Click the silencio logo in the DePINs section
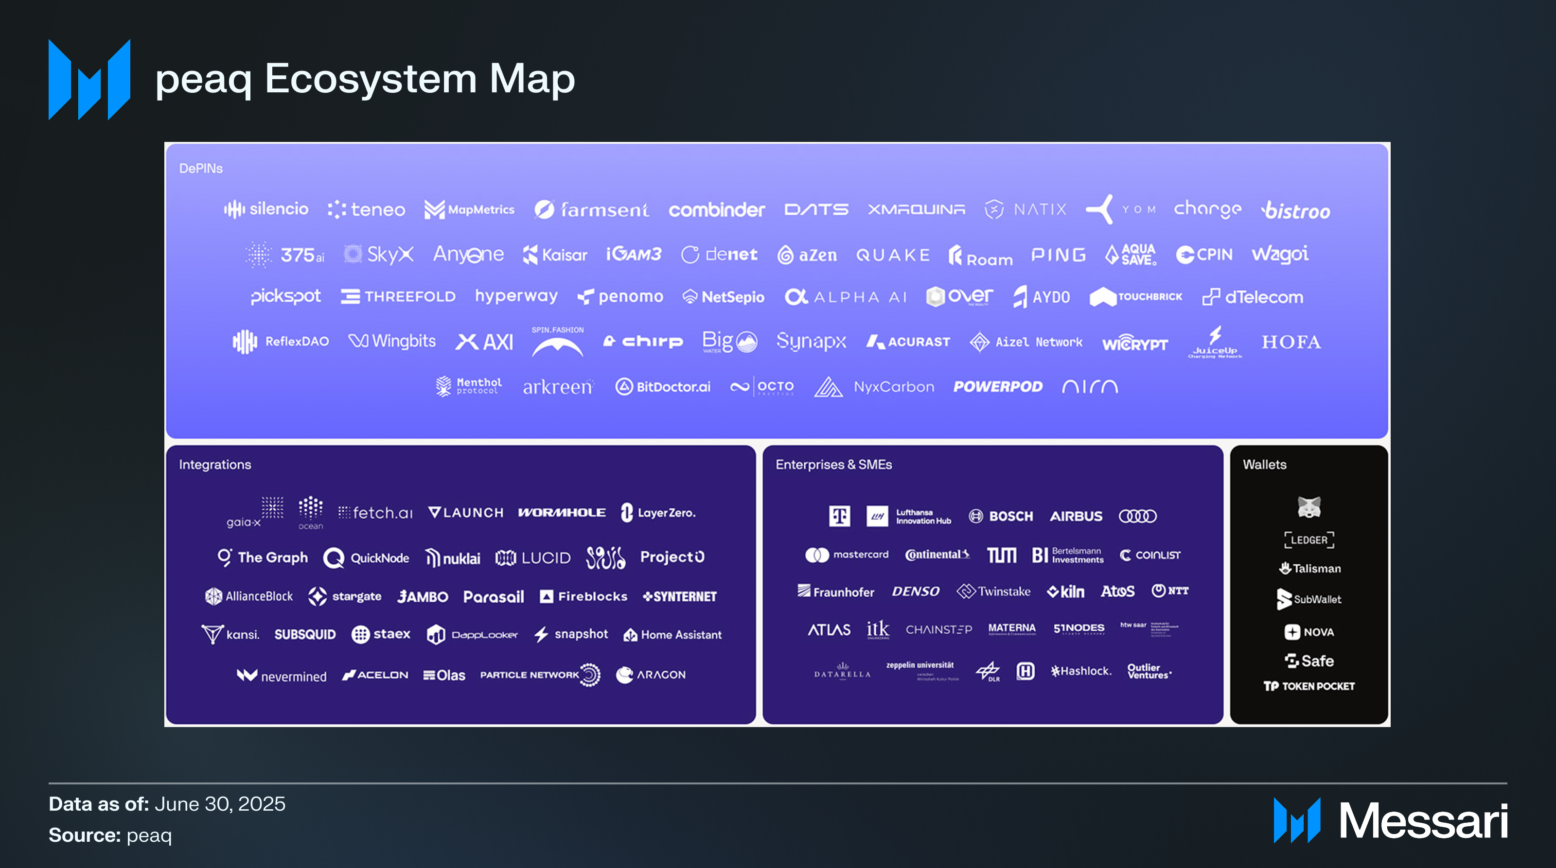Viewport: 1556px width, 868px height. pyautogui.click(x=266, y=209)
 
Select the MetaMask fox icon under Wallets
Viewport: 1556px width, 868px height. pyautogui.click(x=1309, y=506)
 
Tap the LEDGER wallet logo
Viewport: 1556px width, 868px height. pyautogui.click(x=1309, y=539)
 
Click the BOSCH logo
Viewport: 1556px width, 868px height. pyautogui.click(x=1001, y=516)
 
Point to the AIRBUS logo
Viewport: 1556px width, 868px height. pyautogui.click(x=1076, y=516)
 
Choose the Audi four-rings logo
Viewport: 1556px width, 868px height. pyautogui.click(x=1137, y=516)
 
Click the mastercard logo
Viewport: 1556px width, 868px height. pyautogui.click(x=847, y=555)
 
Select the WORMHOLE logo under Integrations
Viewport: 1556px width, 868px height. pyautogui.click(x=562, y=512)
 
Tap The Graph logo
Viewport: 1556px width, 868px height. pyautogui.click(x=263, y=557)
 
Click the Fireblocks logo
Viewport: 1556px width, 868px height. pyautogui.click(x=583, y=596)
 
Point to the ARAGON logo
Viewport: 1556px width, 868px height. pyautogui.click(x=651, y=675)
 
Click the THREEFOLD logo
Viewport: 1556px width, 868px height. pyautogui.click(x=398, y=296)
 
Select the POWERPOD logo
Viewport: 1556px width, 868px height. pyautogui.click(x=997, y=386)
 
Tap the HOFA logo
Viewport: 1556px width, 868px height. pyautogui.click(x=1291, y=342)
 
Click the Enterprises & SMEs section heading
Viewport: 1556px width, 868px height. pyautogui.click(x=833, y=464)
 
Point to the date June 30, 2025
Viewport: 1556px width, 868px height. pyautogui.click(x=220, y=804)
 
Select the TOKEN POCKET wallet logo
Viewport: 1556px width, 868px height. pyautogui.click(x=1309, y=686)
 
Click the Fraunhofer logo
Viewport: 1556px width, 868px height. pyautogui.click(x=835, y=591)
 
